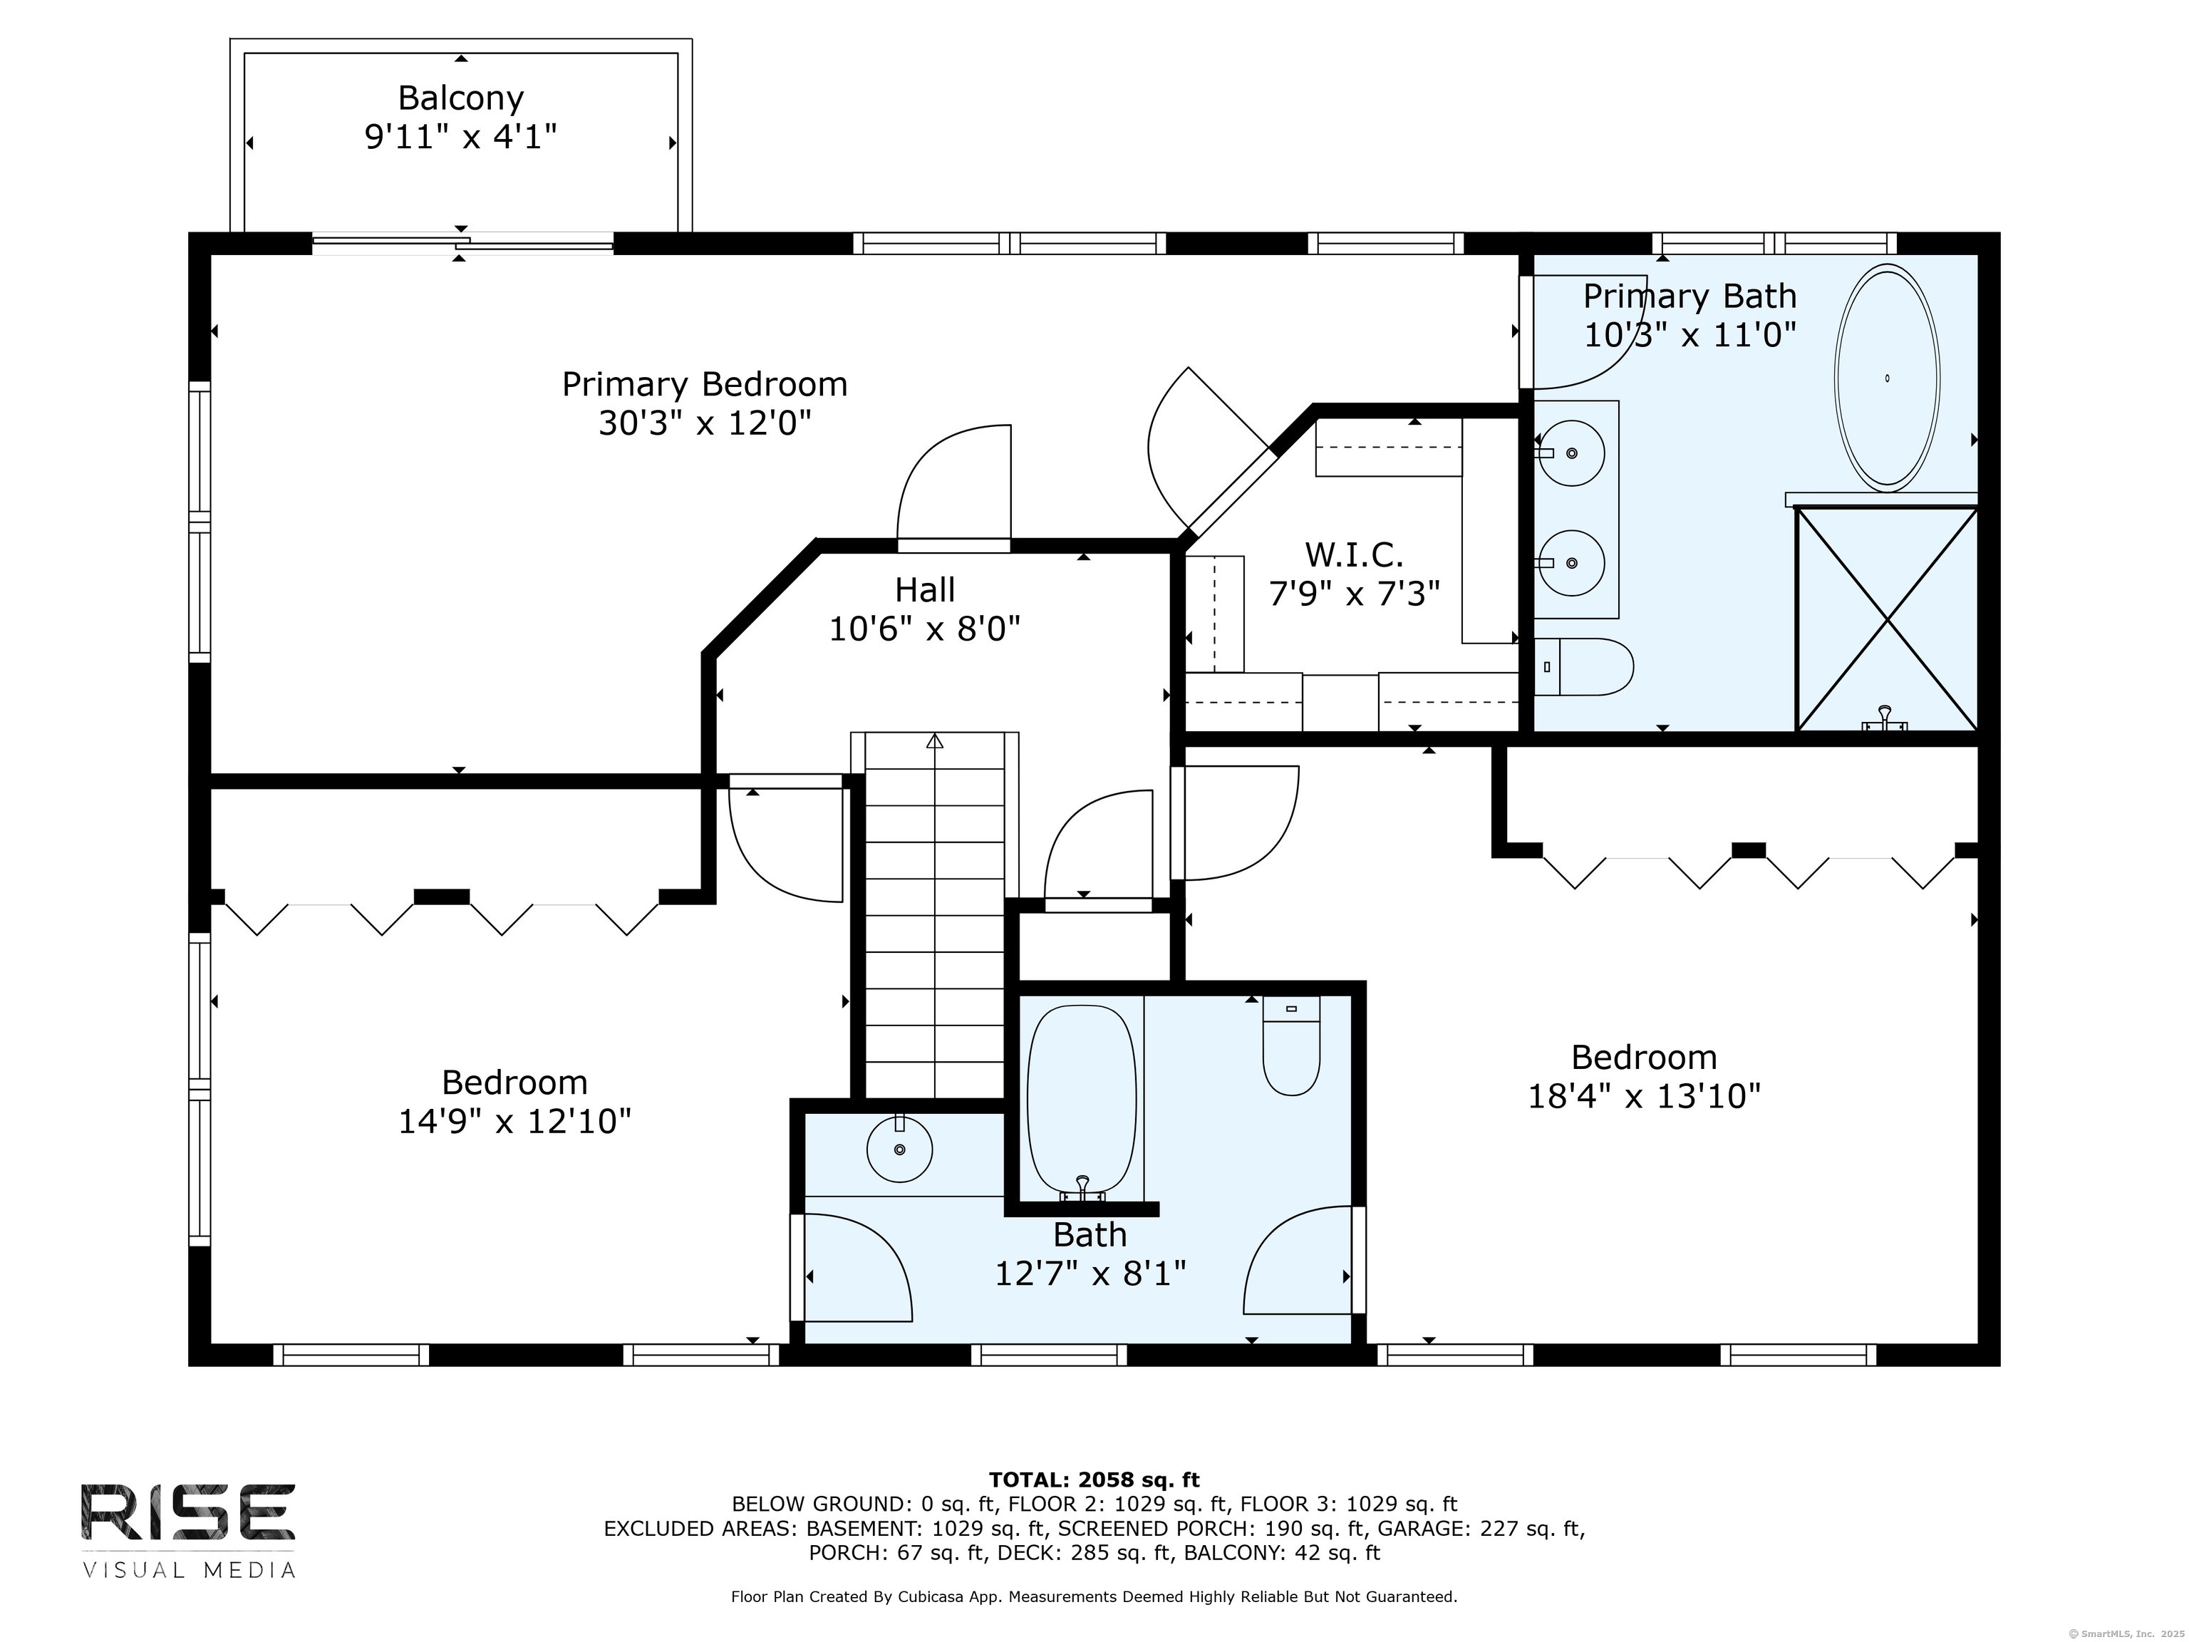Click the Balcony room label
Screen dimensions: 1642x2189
click(x=460, y=98)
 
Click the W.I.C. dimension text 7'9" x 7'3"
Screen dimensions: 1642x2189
click(x=1354, y=593)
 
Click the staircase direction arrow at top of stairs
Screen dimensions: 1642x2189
click(x=934, y=740)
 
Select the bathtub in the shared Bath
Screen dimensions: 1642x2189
click(x=1081, y=1102)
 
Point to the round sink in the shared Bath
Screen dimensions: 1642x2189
click(x=899, y=1149)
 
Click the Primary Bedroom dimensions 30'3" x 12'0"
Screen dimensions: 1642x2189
click(x=705, y=423)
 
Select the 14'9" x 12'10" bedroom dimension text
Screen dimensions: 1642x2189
click(x=514, y=1121)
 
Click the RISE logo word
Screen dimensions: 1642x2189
click(x=188, y=1512)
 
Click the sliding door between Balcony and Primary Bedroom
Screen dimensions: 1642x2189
click(x=462, y=242)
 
